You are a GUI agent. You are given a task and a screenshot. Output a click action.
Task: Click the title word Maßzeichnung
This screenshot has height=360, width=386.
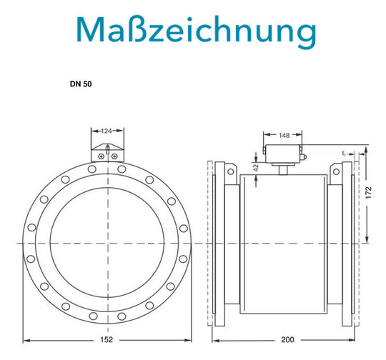196,31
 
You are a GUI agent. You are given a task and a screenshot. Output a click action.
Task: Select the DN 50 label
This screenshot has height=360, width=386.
81,84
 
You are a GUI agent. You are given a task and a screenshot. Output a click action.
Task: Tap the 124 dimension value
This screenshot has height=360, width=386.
107,131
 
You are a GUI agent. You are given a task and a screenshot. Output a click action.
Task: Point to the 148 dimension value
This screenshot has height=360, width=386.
284,135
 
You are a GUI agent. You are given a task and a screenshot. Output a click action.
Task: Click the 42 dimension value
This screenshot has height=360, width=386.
256,168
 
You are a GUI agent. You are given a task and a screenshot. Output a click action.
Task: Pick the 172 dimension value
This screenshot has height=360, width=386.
368,193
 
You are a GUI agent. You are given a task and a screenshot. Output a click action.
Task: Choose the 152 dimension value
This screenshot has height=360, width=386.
107,339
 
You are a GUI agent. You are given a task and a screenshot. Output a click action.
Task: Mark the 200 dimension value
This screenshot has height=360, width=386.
287,339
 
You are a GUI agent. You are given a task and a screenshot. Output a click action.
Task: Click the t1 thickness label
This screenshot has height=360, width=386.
344,154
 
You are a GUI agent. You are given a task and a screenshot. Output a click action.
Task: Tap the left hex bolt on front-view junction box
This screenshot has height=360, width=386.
101,156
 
